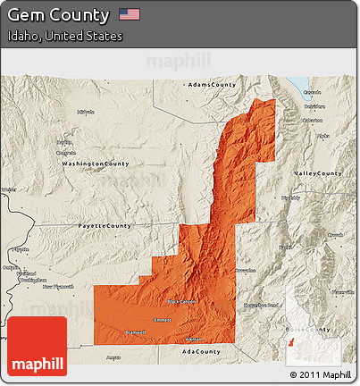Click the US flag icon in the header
click(130, 14)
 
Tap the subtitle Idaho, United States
click(64, 36)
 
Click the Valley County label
click(318, 172)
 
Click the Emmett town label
click(163, 319)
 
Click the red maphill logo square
click(37, 347)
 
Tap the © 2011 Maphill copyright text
click(321, 373)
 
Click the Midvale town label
click(86, 112)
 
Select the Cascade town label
click(313, 92)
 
